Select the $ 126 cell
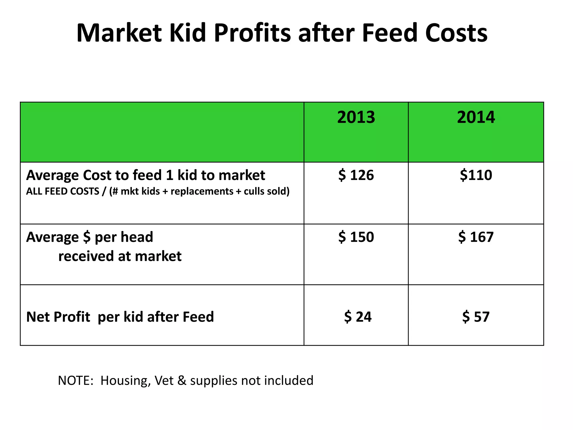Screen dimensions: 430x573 point(356,175)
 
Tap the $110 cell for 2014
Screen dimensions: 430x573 point(476,175)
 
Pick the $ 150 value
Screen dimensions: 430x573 point(356,237)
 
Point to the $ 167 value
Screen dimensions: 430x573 point(476,237)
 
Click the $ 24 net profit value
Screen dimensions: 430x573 point(358,317)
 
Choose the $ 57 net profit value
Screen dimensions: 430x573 point(476,317)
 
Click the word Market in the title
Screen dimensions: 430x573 point(119,33)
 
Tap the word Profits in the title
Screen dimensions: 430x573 point(252,33)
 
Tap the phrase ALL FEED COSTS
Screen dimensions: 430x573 point(63,191)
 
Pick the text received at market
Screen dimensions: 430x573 point(120,256)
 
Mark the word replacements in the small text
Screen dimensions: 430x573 point(202,191)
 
